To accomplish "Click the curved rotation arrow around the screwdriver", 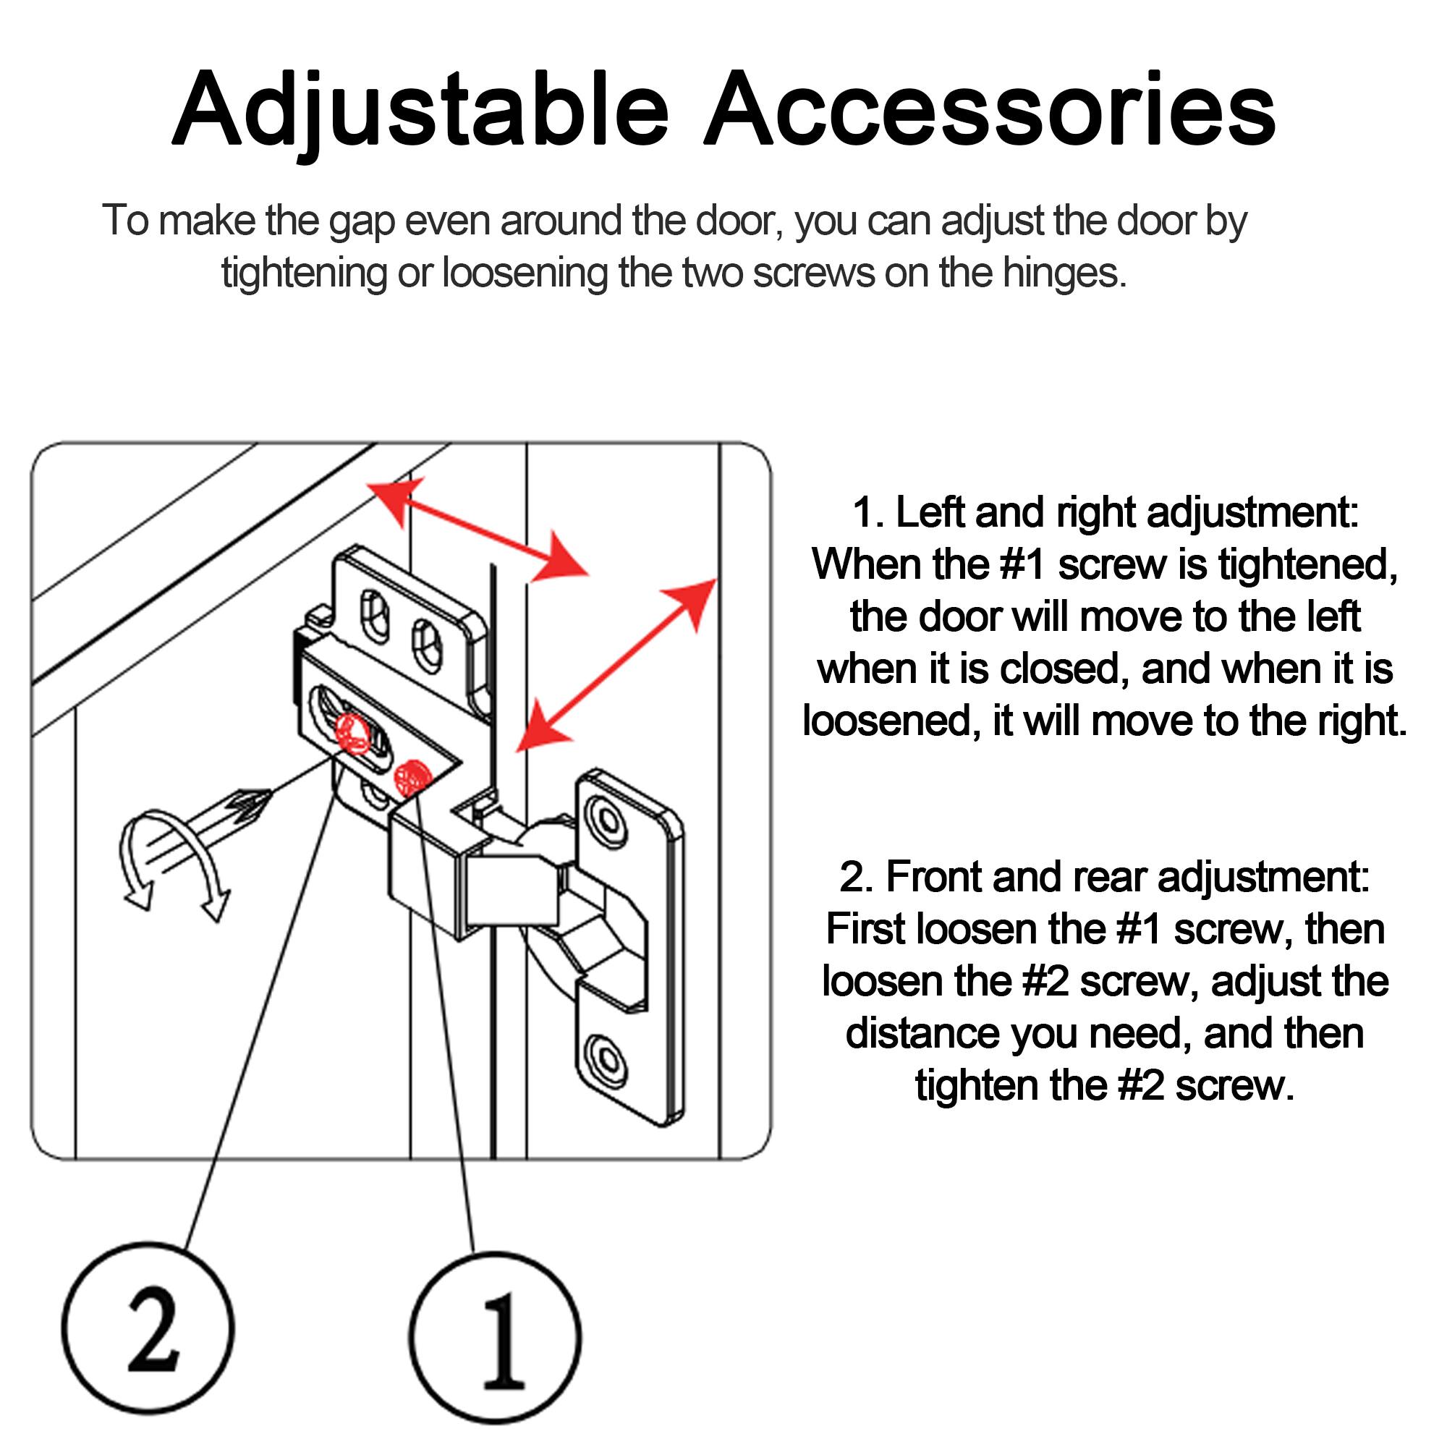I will (172, 861).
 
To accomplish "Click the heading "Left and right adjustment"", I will (1105, 513).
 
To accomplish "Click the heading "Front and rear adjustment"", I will (1105, 876).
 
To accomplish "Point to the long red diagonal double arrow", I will (616, 664).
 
